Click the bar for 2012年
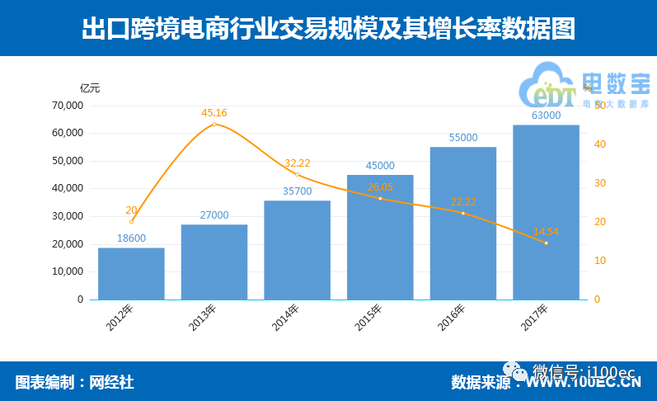131,273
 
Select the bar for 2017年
546,212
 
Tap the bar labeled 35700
297,250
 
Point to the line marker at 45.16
214,125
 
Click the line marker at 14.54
546,243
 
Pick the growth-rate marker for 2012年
131,222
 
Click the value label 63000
546,116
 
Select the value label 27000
214,215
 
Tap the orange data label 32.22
297,163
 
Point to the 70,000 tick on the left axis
68,106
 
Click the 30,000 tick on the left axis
68,216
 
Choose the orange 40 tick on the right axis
598,144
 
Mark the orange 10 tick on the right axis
598,261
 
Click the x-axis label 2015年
368,318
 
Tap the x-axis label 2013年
203,318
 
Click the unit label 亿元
90,87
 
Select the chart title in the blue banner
328,29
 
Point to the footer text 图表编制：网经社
74,382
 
